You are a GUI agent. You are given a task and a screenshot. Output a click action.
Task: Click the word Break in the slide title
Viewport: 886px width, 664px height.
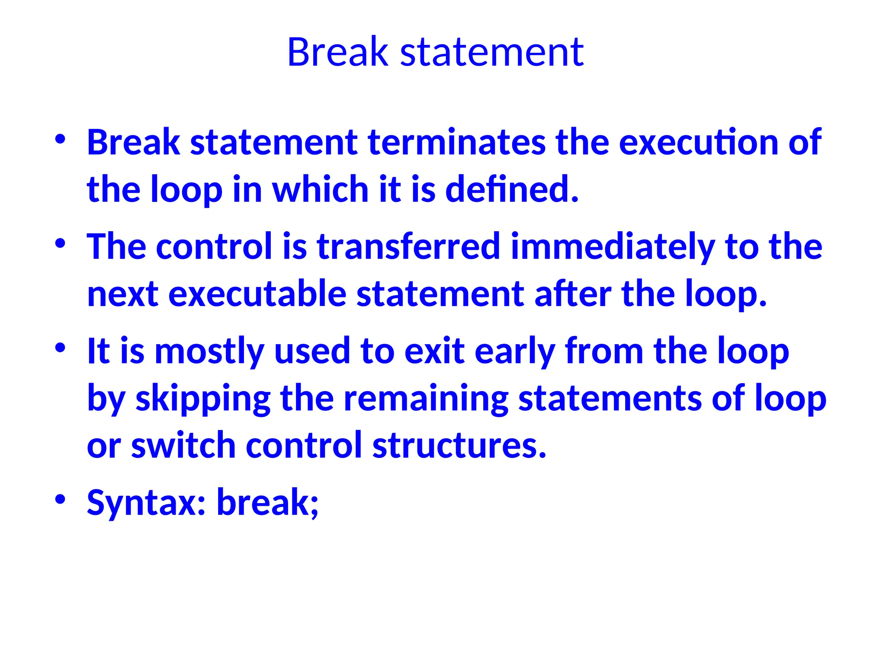pyautogui.click(x=337, y=52)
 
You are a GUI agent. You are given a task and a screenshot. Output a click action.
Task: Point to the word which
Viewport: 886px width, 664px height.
pyautogui.click(x=320, y=189)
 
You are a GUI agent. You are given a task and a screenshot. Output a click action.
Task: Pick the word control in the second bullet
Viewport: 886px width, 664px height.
pyautogui.click(x=214, y=246)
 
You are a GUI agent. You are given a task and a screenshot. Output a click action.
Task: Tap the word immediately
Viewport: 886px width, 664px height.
pyautogui.click(x=612, y=246)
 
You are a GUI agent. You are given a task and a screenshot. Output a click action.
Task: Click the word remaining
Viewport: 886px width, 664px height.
pyautogui.click(x=426, y=399)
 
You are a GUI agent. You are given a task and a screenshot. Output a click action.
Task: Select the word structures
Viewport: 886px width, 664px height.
pyautogui.click(x=459, y=445)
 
